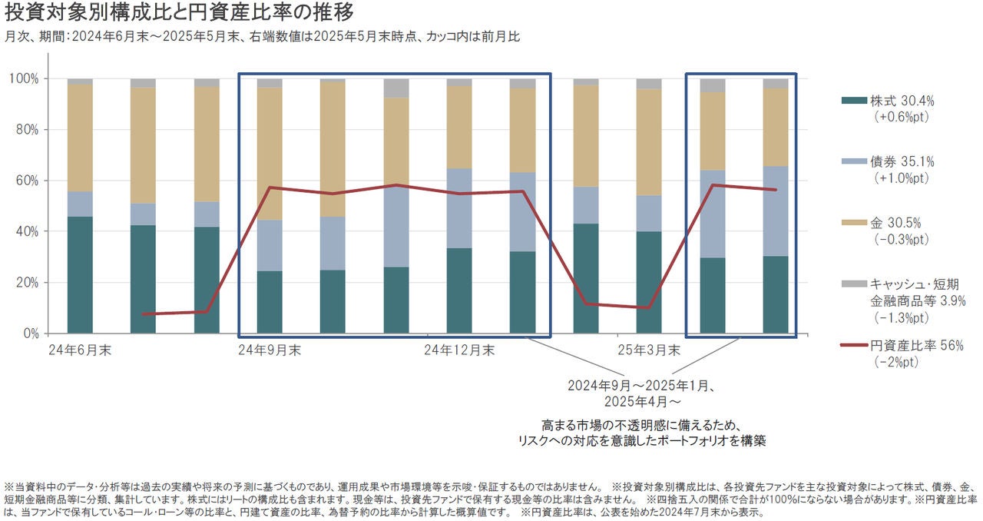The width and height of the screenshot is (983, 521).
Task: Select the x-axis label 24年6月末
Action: coord(79,351)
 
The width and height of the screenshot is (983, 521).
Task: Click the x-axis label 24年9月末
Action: coord(270,351)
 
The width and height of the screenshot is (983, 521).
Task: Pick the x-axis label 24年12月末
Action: coord(460,351)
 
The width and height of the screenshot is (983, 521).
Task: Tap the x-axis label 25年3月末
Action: coord(649,351)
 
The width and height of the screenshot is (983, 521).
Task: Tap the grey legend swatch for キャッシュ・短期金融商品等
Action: coord(852,284)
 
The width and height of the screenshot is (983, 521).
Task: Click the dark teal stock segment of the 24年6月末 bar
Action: coord(80,274)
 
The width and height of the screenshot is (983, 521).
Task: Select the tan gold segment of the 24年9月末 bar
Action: coord(270,154)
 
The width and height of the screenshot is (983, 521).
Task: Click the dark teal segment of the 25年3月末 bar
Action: coord(649,282)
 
